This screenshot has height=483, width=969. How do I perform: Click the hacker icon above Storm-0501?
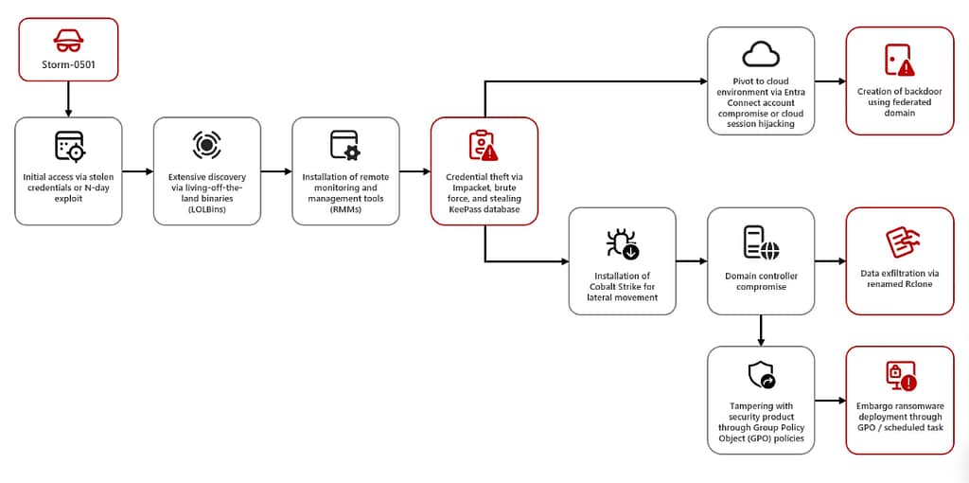click(68, 40)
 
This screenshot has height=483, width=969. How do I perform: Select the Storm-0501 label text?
click(68, 65)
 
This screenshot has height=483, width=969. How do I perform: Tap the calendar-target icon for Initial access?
click(68, 146)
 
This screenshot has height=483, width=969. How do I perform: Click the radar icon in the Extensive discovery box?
click(206, 144)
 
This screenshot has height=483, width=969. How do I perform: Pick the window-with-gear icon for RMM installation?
click(344, 145)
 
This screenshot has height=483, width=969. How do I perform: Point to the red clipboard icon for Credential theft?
click(484, 145)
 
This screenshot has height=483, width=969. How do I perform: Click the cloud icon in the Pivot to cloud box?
click(761, 54)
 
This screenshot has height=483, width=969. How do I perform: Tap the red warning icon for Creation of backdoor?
click(899, 60)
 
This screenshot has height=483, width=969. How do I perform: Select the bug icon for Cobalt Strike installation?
click(622, 243)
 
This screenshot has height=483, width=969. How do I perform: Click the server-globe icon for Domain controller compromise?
click(761, 243)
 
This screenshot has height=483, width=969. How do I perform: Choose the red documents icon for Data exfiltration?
click(899, 242)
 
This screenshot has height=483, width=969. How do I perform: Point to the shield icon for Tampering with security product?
click(761, 376)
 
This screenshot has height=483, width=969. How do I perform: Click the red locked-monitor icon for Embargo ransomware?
click(899, 376)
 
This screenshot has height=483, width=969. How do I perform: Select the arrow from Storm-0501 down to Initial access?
click(68, 98)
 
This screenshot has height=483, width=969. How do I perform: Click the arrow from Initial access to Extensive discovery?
click(138, 171)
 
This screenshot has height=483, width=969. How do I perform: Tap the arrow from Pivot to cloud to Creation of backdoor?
click(830, 80)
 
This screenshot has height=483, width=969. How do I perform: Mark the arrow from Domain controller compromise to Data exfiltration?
click(830, 260)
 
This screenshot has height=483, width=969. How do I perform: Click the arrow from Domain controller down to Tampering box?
click(761, 331)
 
